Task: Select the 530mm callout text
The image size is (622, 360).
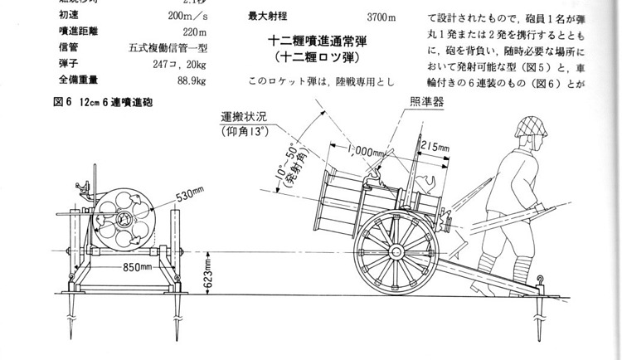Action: point(190,197)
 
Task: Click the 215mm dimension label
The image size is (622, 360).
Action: point(434,148)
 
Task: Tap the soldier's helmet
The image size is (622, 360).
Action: point(529,128)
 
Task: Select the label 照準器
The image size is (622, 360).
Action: point(426,100)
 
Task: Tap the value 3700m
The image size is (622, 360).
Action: point(381,17)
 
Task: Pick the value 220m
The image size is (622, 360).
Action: point(193,32)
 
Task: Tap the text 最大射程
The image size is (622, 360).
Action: point(268,17)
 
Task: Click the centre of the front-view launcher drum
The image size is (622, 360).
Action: point(122,219)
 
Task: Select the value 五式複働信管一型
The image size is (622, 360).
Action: point(168,48)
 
